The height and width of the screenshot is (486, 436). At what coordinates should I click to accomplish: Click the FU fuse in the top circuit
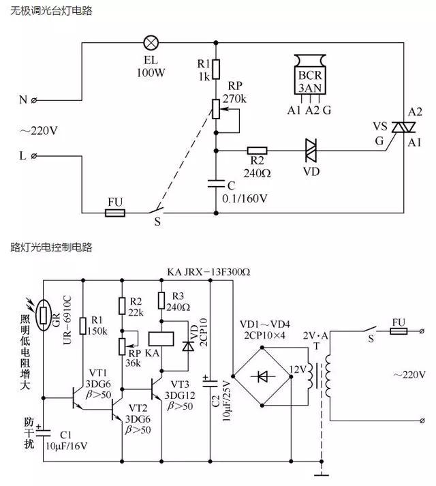click(115, 213)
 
